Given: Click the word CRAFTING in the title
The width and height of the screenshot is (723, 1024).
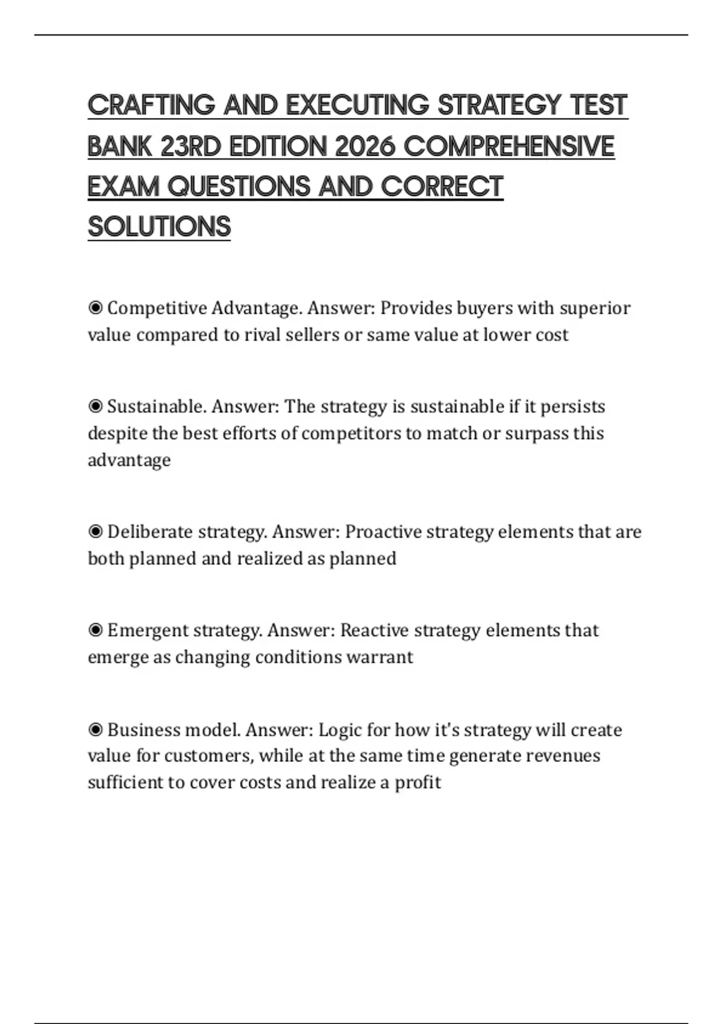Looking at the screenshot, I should tap(151, 105).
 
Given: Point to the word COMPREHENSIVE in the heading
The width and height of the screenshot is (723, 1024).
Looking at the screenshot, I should tap(509, 146).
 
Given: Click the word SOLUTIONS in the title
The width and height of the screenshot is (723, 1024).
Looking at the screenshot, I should tap(159, 226).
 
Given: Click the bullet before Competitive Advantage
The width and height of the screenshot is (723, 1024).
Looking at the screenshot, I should tap(95, 308).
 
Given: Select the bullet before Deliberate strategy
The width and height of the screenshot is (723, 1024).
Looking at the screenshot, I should tap(95, 532).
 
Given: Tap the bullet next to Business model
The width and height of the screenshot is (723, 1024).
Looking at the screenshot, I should tap(95, 730).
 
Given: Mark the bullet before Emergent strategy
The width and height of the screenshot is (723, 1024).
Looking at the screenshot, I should tap(95, 631).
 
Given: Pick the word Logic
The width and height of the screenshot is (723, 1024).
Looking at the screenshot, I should tap(340, 730).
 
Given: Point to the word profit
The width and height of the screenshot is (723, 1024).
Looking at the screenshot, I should tap(418, 782).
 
